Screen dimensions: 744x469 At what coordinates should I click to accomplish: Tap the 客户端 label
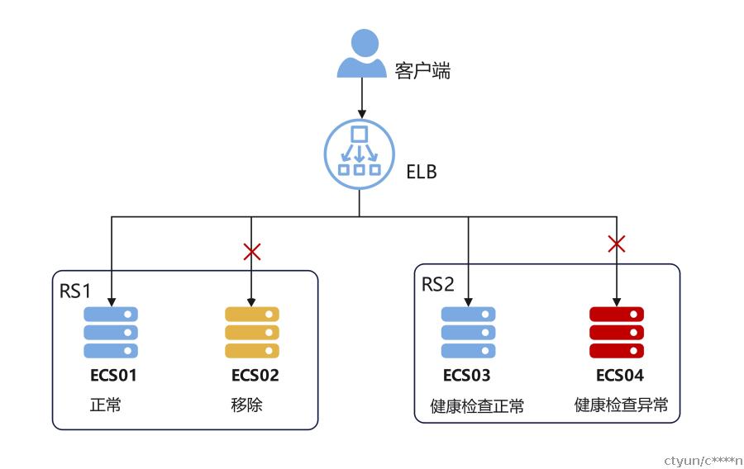(422, 70)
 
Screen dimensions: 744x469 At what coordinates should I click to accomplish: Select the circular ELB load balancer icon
(360, 154)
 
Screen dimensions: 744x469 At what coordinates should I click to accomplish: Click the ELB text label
(422, 172)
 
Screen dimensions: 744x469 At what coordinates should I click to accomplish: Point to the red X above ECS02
(251, 252)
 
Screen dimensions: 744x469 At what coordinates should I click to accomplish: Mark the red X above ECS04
(617, 244)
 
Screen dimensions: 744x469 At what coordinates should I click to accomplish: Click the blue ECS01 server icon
(111, 333)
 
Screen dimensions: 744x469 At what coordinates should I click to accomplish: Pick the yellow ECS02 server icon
(252, 333)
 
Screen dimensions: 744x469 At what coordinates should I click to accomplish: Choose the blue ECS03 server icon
(469, 333)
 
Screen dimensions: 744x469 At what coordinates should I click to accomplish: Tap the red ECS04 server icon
(617, 333)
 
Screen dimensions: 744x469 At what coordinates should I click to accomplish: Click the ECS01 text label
(113, 376)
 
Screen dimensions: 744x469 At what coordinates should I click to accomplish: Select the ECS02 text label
(255, 376)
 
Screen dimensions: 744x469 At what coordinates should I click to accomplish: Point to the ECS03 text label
(466, 376)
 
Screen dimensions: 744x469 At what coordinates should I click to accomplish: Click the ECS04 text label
(620, 376)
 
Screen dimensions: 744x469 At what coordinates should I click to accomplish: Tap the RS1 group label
(75, 291)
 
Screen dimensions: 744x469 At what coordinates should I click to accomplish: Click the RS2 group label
(437, 284)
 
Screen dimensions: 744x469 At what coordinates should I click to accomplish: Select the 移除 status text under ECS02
(246, 405)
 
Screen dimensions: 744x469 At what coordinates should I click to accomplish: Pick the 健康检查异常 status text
(621, 405)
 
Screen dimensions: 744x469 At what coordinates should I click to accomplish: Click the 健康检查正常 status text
(477, 406)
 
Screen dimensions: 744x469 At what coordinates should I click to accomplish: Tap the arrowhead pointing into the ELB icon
(361, 114)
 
